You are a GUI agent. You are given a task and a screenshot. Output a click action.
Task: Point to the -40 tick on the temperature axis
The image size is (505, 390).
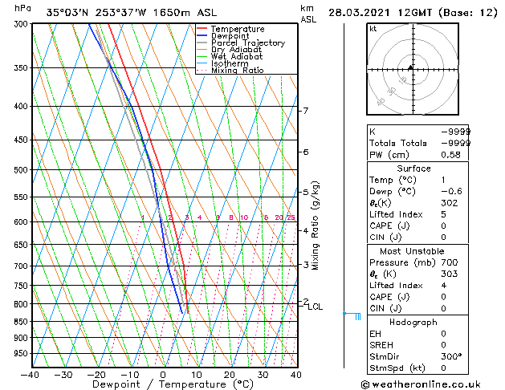coord(30,374)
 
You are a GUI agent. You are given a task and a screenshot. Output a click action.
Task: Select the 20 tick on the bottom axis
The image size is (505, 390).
coord(229,374)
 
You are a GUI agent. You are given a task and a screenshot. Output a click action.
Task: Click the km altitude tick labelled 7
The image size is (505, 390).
coord(305,111)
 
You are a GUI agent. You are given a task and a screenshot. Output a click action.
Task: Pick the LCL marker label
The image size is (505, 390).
coord(315,307)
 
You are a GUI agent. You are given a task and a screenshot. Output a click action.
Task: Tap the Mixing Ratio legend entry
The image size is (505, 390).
coord(238,71)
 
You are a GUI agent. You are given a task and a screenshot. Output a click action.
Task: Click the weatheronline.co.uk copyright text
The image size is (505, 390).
coord(433,384)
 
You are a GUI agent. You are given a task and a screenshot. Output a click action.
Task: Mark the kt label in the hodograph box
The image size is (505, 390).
coord(373,29)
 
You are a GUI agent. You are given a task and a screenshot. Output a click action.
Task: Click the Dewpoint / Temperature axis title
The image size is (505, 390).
coord(162,384)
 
